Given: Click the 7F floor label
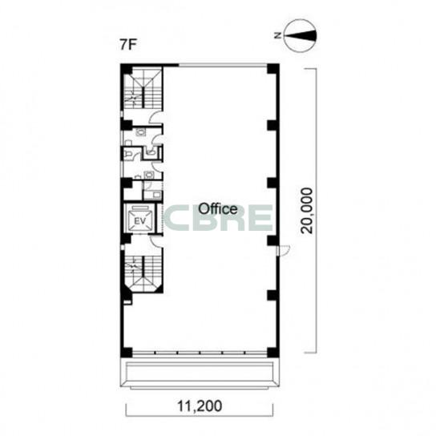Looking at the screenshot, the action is coord(127,45).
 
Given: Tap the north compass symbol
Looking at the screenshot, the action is coord(301,35).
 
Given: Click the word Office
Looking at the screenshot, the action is coord(218,209).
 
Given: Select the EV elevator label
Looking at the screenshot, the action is coord(140,221).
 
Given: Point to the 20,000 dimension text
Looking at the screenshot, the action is coord(308,211).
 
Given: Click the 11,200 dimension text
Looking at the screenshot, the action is coord(200,406).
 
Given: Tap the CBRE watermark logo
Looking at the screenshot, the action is coord(218,218).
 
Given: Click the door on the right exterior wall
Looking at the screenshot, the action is coord(284,250).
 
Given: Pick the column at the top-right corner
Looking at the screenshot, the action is coord(272,69).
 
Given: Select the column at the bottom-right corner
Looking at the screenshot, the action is coord(272,352).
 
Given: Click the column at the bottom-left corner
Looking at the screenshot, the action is coord(127,353).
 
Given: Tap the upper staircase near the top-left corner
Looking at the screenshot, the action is coord(143,88).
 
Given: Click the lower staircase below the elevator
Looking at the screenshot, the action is coord(143,272).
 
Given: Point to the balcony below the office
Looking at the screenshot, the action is coord(200,373).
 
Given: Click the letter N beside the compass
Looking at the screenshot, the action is coord(277,35).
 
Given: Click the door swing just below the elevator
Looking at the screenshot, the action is coord(156,241).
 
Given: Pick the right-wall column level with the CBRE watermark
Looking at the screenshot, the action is coord(272,240).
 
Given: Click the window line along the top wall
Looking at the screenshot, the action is coord(223,66).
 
